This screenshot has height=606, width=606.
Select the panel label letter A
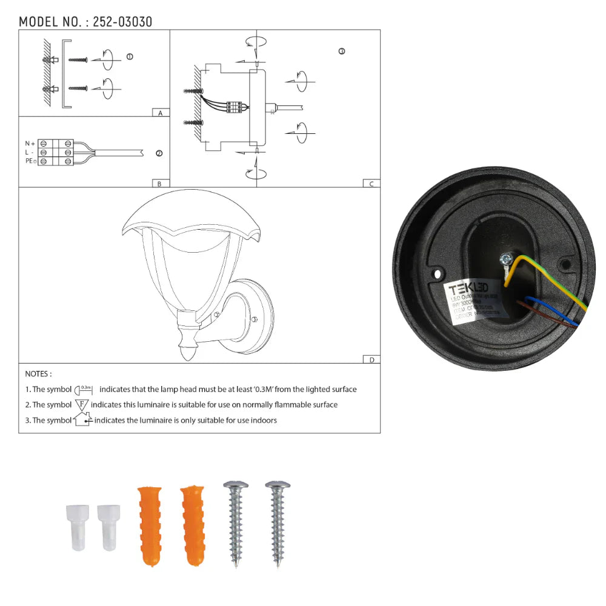[x=160, y=113]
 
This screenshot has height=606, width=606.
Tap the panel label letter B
[x=159, y=183]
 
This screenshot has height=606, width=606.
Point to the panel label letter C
[x=371, y=184]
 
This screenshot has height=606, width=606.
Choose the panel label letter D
[x=371, y=359]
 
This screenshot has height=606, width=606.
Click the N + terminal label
[x=30, y=144]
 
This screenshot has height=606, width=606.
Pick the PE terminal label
[x=30, y=161]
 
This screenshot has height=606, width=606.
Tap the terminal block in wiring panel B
[x=56, y=153]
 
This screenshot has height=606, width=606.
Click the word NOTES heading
[x=38, y=374]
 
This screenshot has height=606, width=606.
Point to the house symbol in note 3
[x=82, y=419]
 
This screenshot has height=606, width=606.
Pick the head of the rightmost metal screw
[x=278, y=485]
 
